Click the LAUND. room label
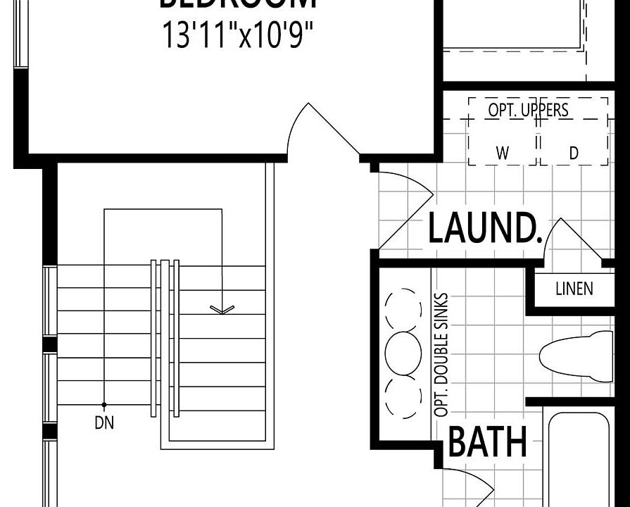[484, 227]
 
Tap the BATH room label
[488, 442]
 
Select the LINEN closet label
[574, 288]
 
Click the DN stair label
[103, 423]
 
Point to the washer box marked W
[502, 153]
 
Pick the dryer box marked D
[574, 153]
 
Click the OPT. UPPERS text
[528, 111]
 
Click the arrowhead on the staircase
[222, 308]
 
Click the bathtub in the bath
[588, 458]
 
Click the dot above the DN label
[104, 404]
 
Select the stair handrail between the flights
[165, 338]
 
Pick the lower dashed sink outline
[402, 398]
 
